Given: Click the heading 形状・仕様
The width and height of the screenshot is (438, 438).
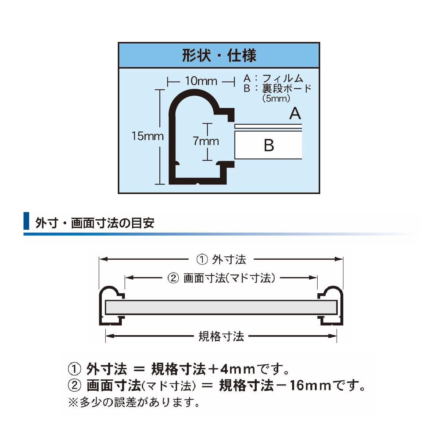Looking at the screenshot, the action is (219, 55).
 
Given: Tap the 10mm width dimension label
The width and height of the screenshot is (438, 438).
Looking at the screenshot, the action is (201, 81).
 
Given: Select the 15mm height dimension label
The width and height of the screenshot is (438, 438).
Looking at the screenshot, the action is (148, 136).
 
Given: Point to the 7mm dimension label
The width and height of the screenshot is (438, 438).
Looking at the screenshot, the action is (206, 141).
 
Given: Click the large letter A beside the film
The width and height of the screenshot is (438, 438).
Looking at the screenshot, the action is (295, 114).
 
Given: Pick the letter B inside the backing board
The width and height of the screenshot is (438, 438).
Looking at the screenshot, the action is (269, 145).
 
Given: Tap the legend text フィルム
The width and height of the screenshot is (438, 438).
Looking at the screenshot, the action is (283, 79).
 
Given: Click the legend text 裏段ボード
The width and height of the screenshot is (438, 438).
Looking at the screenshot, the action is (287, 88).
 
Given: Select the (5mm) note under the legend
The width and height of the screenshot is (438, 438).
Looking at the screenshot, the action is (276, 98).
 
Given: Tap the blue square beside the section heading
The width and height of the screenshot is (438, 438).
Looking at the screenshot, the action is (26, 221).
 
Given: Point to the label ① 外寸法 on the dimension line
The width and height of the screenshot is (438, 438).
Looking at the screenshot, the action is (221, 259).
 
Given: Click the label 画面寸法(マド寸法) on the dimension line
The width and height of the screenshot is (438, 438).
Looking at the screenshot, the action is (229, 278).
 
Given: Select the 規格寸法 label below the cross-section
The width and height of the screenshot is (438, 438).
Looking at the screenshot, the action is (221, 336).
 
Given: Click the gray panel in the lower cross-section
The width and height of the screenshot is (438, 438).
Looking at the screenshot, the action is (221, 307).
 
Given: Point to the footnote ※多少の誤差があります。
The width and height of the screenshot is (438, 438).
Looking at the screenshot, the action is (134, 403).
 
